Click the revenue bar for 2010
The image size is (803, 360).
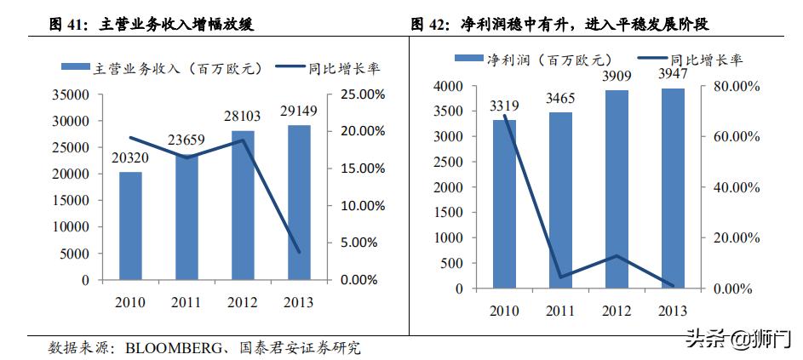point(130,226)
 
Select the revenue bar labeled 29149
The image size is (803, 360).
point(299,203)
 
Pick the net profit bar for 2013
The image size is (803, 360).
point(673,188)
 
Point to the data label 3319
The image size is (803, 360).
point(504,106)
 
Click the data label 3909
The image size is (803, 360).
point(617,76)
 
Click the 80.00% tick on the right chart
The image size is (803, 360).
point(735,86)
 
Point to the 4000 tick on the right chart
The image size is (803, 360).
point(448,86)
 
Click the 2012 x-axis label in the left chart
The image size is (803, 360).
point(243,302)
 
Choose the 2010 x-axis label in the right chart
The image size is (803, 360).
point(504,311)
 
